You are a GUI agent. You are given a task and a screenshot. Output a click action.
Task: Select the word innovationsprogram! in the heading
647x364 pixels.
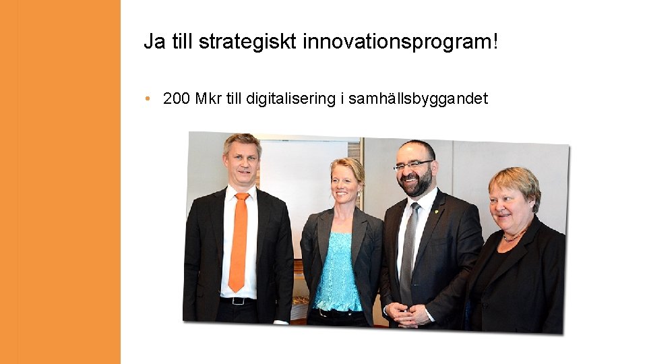pos(401,42)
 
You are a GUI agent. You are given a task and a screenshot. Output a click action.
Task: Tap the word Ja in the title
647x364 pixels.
pos(153,42)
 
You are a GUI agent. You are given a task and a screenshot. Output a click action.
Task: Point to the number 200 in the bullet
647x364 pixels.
pos(177,99)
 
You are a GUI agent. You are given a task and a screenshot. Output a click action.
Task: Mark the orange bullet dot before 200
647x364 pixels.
pos(147,100)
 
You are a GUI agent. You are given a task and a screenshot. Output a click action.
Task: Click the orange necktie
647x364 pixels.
pos(239,243)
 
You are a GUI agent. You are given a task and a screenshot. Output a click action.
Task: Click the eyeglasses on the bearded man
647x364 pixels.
pos(412,164)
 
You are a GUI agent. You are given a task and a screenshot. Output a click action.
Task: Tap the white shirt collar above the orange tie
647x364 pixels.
pos(239,191)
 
